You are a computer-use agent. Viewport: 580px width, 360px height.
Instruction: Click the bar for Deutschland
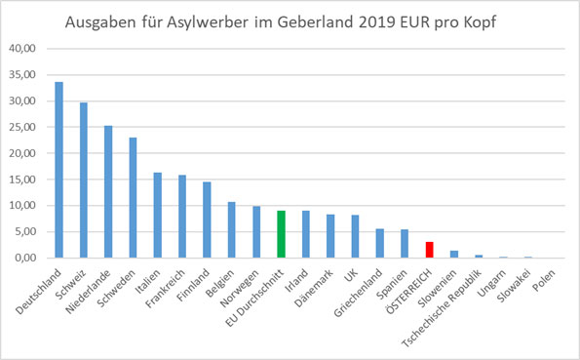[58, 170]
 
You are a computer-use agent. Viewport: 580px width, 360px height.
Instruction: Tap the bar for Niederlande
[107, 192]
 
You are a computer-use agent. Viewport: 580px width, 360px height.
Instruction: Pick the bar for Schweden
[133, 198]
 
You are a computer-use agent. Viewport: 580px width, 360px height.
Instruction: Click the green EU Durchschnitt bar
[281, 234]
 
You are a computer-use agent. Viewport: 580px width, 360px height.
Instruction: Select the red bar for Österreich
[429, 250]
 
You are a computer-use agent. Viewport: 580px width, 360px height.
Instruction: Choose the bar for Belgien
[231, 230]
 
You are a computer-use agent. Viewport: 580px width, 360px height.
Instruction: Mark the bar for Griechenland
[379, 244]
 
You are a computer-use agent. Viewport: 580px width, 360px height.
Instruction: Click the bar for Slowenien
[453, 255]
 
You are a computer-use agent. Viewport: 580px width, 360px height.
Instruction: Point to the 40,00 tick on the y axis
[22, 48]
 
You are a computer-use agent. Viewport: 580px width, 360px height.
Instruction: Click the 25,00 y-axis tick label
[22, 127]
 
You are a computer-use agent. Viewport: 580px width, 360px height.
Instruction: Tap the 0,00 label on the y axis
[25, 259]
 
